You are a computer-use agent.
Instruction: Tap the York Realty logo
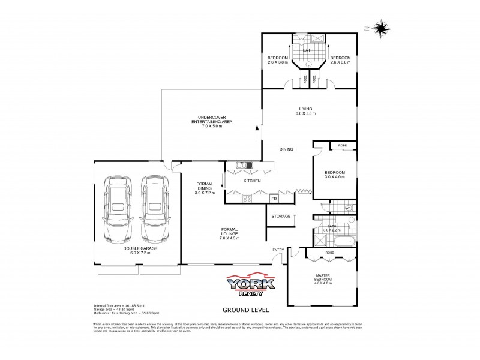(250, 284)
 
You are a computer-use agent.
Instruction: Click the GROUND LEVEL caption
(245, 310)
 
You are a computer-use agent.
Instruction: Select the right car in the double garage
(154, 207)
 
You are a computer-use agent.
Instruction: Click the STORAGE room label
(281, 216)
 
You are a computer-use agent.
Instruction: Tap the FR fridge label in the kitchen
(274, 198)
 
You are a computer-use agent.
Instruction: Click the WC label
(347, 208)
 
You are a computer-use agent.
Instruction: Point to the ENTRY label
(278, 250)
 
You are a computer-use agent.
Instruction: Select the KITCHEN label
(251, 181)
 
